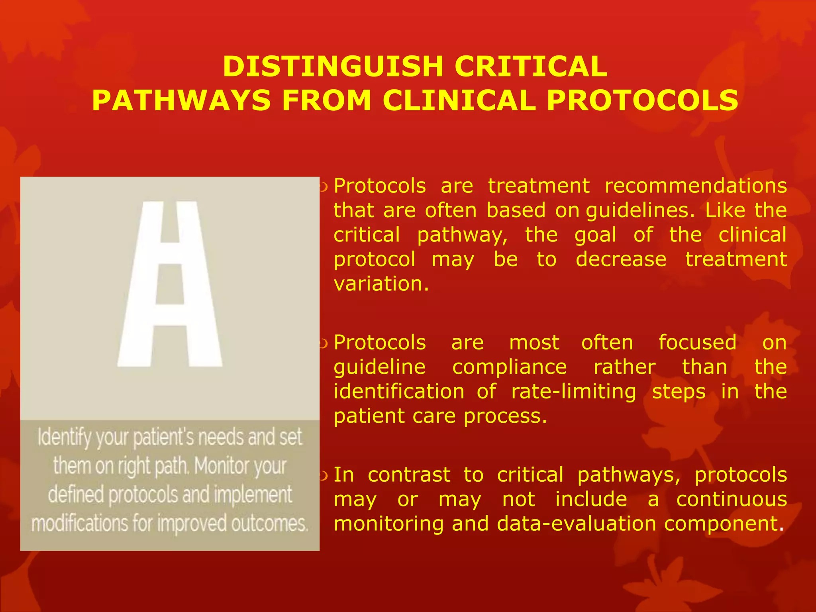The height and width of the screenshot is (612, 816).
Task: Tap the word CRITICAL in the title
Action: point(531,66)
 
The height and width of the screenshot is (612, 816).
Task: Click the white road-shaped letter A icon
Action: point(170,284)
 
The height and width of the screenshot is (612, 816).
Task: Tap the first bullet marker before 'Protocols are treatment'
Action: point(323,186)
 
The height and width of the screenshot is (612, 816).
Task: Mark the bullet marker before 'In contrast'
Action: point(323,475)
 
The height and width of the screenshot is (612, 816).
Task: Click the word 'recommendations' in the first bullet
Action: point(696,186)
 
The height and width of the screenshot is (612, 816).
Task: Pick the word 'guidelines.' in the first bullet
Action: point(640,211)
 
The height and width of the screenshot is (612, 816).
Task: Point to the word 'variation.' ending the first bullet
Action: point(381,284)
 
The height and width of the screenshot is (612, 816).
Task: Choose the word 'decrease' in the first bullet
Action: point(621,259)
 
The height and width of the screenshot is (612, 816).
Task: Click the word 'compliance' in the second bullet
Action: point(509,367)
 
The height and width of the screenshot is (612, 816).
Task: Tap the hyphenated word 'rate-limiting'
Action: point(574,391)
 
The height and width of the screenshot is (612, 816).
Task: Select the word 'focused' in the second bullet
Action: point(697,343)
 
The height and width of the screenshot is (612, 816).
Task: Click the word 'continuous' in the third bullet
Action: point(732,499)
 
